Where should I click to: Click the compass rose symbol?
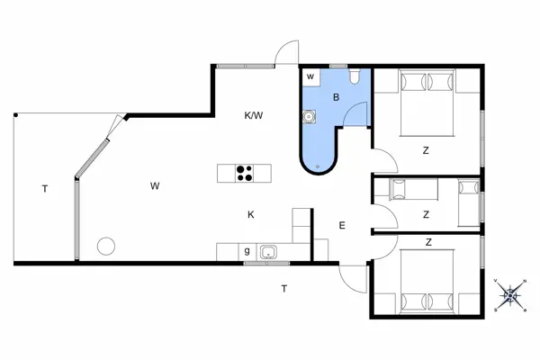[x=510, y=295]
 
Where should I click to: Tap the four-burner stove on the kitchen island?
[x=243, y=173]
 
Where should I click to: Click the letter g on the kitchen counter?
[x=247, y=252]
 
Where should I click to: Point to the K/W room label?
[x=254, y=115]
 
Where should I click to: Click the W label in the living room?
[x=155, y=186]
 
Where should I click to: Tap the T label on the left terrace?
[x=43, y=189]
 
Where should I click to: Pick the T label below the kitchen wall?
[x=284, y=288]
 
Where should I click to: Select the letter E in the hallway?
[x=342, y=226]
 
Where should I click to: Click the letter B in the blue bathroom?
[x=336, y=97]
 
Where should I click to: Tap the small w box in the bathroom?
[x=310, y=77]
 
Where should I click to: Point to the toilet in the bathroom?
[x=357, y=76]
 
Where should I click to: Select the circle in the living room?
[x=107, y=245]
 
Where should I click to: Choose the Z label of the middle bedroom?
[x=426, y=214]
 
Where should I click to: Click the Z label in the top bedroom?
[x=426, y=150]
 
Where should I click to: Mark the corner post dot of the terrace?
[x=15, y=115]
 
